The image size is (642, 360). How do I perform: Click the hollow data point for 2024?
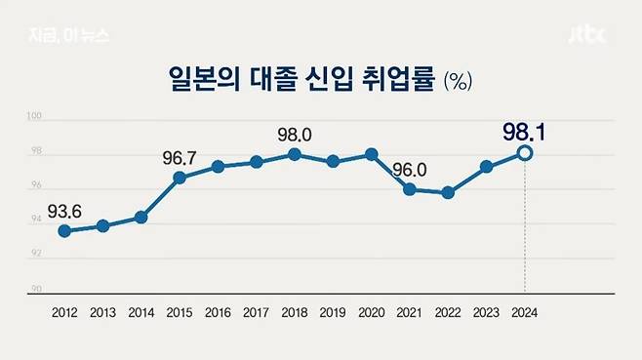(525, 153)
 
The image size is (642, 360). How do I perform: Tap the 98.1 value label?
(525, 130)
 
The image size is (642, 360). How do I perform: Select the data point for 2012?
(64, 231)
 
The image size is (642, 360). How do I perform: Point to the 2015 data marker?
(180, 178)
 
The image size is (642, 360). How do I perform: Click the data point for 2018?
(295, 155)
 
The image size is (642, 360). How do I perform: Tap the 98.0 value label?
(296, 132)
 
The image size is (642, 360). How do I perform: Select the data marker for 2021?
(410, 189)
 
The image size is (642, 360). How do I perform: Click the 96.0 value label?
(411, 167)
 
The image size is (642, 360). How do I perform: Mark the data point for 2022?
(448, 193)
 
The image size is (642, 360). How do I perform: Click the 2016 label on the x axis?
(218, 313)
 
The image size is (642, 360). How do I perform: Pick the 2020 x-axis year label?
(372, 313)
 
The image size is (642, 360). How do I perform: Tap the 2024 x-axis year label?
(525, 313)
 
